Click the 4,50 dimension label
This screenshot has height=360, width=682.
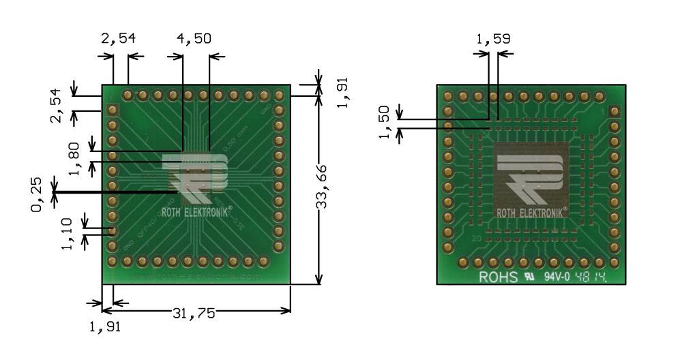tap(194, 39)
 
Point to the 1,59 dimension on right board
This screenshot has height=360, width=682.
tap(493, 39)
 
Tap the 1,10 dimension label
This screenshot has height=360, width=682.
tap(68, 233)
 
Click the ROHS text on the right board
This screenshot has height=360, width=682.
tap(498, 277)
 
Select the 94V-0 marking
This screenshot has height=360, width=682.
tap(557, 277)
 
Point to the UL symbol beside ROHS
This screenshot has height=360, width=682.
tap(528, 277)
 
